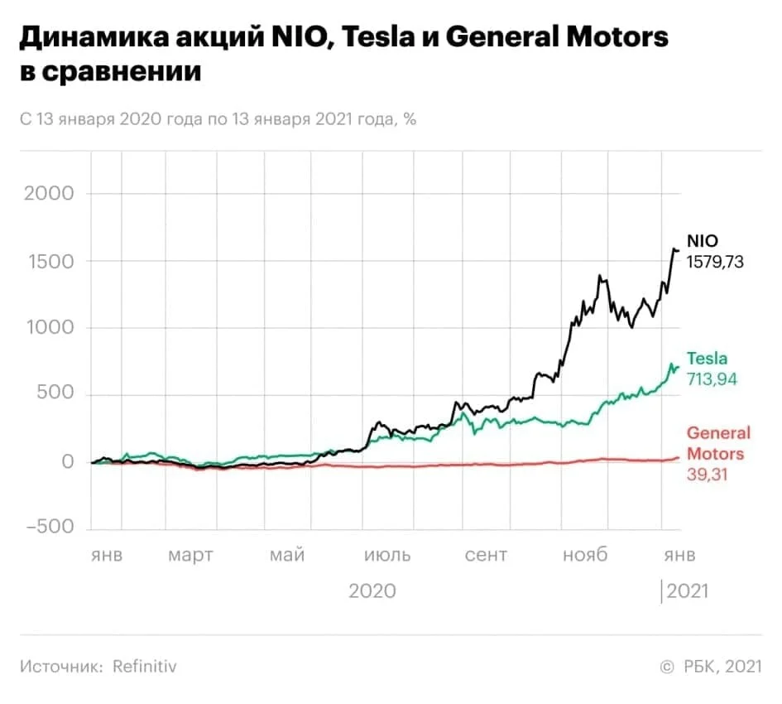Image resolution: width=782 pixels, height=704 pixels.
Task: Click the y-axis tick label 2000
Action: click(49, 193)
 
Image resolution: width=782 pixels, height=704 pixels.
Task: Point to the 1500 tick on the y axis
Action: click(51, 262)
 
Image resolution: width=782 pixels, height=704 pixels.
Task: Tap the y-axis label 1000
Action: click(50, 327)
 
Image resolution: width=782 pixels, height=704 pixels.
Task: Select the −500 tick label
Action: click(50, 526)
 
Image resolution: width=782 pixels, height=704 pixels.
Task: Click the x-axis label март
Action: click(190, 555)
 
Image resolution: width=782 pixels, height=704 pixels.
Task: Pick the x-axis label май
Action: click(287, 555)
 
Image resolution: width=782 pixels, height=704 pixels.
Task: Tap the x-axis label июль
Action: click(387, 555)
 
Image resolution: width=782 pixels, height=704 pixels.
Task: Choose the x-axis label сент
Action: click(486, 555)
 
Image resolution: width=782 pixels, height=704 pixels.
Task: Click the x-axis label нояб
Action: click(585, 554)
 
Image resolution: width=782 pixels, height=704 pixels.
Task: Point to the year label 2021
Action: click(687, 591)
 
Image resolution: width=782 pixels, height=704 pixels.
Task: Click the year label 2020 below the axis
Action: click(372, 591)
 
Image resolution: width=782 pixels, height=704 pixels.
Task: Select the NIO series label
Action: click(703, 241)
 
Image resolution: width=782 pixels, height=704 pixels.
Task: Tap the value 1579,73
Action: click(715, 262)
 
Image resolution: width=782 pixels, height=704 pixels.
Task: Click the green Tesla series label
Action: click(707, 359)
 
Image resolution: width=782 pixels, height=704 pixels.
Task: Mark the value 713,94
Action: click(712, 379)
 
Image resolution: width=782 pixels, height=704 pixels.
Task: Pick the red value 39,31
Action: click(708, 475)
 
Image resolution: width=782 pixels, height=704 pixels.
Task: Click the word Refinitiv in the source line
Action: click(145, 667)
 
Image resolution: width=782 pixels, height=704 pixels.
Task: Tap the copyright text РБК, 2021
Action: click(722, 667)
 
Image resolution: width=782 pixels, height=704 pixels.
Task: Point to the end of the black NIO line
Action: click(679, 250)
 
